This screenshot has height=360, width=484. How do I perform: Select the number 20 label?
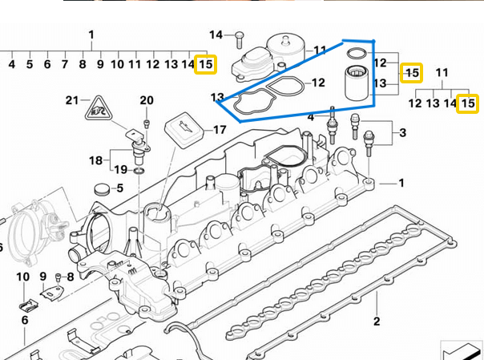(x=146, y=100)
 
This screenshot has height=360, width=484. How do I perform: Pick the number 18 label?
(x=96, y=160)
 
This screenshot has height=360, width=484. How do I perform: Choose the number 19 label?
(x=121, y=169)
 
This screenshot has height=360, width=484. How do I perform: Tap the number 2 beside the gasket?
(x=376, y=322)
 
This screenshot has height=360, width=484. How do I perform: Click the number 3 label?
(x=403, y=132)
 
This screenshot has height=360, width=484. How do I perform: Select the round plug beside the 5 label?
(x=100, y=190)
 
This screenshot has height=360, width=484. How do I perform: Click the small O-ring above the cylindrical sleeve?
(x=358, y=55)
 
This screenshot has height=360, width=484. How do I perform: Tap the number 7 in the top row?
(x=65, y=63)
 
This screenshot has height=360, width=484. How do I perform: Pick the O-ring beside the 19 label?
(x=139, y=171)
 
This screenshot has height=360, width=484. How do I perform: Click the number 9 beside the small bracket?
(x=42, y=277)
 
